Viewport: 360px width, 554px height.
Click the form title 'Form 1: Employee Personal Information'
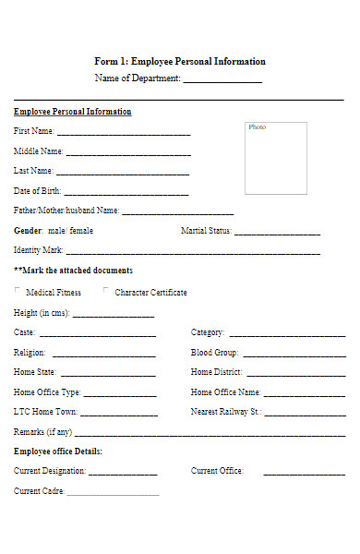coord(180,61)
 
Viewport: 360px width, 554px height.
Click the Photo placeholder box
coord(276,158)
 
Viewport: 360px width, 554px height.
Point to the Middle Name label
coord(39,151)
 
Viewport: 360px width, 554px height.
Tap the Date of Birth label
coord(38,191)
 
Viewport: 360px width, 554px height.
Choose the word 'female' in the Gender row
coord(81,231)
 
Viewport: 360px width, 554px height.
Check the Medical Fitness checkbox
coord(18,292)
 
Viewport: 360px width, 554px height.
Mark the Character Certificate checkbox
coord(106,292)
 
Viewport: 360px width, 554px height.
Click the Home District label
coord(217,372)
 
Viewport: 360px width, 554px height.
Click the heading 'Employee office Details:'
coord(58,452)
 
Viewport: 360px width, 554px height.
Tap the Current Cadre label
coord(39,491)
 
